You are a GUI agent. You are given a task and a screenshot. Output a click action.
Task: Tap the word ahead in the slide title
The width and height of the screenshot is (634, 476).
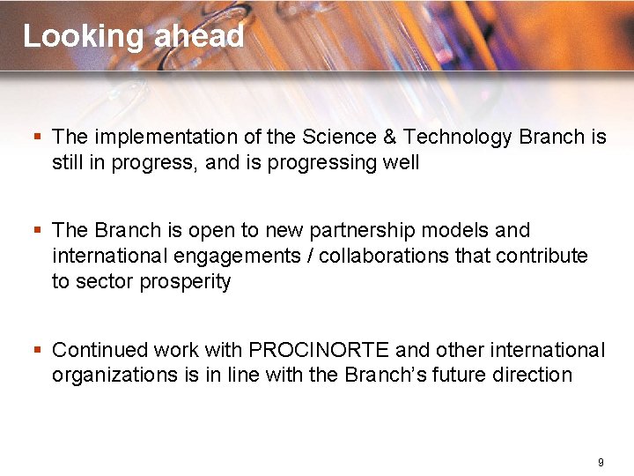click(199, 36)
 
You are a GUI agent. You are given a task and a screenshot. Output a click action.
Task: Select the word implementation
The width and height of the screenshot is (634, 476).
click(166, 138)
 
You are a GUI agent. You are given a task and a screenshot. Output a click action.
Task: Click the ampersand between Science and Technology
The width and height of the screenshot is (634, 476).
click(387, 137)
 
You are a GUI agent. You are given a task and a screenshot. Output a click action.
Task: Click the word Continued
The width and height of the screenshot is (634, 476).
click(95, 350)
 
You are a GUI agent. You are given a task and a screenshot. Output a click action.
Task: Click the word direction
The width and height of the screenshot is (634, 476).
click(534, 375)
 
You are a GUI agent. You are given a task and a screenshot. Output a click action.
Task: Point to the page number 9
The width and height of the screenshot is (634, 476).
click(600, 463)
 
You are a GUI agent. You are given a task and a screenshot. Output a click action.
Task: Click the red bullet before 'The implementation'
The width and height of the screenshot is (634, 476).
click(38, 138)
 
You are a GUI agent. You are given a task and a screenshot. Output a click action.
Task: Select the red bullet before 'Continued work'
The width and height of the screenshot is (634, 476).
click(38, 350)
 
